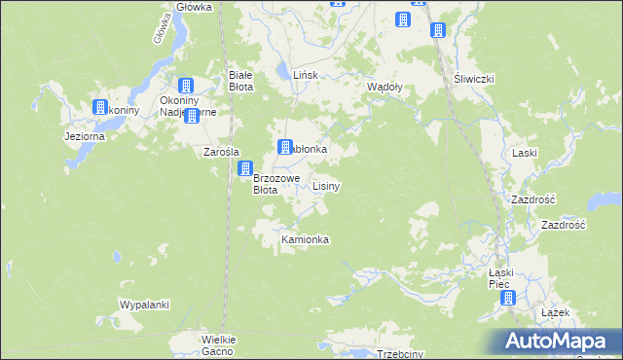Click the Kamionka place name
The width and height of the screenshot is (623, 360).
(x=305, y=239)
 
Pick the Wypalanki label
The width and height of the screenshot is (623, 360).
(x=144, y=305)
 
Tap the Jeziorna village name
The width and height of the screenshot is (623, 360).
(x=84, y=137)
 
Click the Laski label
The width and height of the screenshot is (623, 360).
(x=525, y=154)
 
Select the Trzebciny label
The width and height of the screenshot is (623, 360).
(x=399, y=354)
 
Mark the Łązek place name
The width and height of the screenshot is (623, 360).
(x=554, y=313)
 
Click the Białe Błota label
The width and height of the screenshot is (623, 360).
(x=240, y=80)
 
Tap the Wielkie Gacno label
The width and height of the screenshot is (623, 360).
(x=219, y=344)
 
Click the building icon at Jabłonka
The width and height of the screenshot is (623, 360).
(x=285, y=148)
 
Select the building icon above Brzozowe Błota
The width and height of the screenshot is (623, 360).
(x=245, y=169)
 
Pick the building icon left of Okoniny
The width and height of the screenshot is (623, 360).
(x=100, y=107)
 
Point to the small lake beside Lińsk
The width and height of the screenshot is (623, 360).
(x=282, y=71)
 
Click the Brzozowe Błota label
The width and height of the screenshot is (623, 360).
(x=275, y=184)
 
